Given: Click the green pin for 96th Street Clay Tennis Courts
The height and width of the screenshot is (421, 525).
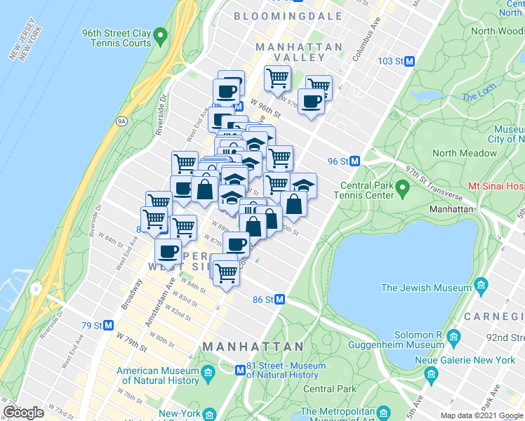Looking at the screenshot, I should (x=160, y=34).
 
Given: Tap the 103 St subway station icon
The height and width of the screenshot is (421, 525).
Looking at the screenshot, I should (x=408, y=62).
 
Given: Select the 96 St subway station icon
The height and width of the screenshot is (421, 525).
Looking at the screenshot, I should (x=355, y=161).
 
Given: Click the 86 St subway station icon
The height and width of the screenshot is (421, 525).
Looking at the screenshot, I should (x=279, y=300).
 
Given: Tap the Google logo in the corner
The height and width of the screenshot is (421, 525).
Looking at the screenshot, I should (x=23, y=413).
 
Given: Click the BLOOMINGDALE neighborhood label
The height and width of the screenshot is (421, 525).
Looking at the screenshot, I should (x=288, y=15).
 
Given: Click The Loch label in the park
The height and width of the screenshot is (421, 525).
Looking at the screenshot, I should (x=479, y=97).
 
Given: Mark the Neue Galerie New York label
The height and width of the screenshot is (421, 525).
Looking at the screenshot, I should (x=474, y=360).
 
